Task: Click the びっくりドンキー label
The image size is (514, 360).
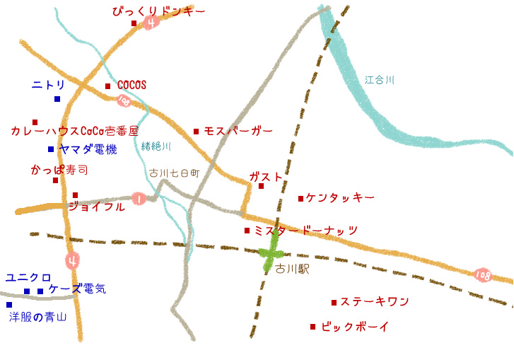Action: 158,11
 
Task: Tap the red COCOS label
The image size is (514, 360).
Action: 132,85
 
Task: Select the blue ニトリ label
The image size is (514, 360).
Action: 48,85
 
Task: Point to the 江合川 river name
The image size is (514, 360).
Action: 380,81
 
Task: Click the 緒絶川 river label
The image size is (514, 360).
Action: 156,146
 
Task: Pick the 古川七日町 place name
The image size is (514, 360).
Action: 170,173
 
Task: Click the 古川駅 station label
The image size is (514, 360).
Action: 292,269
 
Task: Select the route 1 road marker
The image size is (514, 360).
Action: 139,199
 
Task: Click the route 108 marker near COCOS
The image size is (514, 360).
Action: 124,101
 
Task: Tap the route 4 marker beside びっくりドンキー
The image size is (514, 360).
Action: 151,23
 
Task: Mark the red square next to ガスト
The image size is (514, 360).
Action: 261,186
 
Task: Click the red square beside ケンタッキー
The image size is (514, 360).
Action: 300,199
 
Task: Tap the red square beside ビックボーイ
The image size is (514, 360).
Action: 313,327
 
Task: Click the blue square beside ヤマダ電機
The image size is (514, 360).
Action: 51,149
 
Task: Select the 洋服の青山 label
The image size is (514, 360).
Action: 37,317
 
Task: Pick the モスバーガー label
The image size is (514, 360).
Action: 238,131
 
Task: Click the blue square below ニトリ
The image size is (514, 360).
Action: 57,99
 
